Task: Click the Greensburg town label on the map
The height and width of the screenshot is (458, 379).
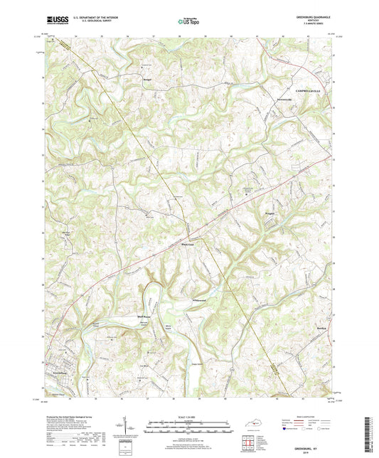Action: [x=60, y=371]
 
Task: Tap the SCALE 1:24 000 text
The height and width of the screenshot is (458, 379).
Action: [x=188, y=417]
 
